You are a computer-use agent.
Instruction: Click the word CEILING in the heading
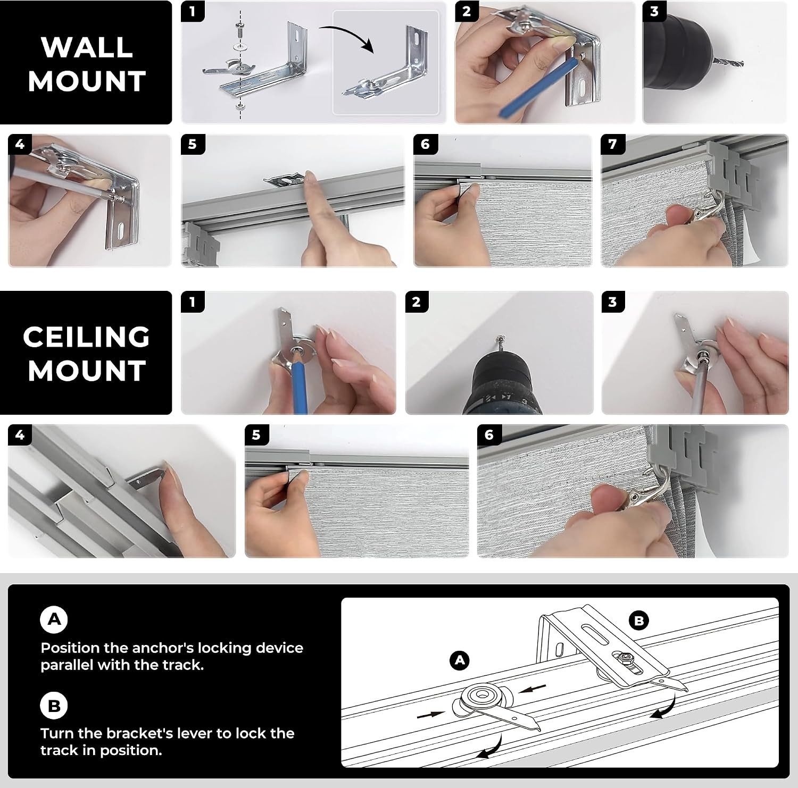pos(86,337)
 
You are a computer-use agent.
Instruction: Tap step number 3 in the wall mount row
pos(654,12)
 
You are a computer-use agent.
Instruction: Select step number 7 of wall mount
pos(612,144)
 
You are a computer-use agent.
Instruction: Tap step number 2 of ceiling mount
pos(416,302)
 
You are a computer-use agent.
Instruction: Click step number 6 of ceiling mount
pos(489,435)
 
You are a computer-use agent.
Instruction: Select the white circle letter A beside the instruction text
pos(54,619)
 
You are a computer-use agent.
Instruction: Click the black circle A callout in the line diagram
pos(460,660)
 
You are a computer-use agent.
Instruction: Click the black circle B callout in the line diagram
pos(638,621)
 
